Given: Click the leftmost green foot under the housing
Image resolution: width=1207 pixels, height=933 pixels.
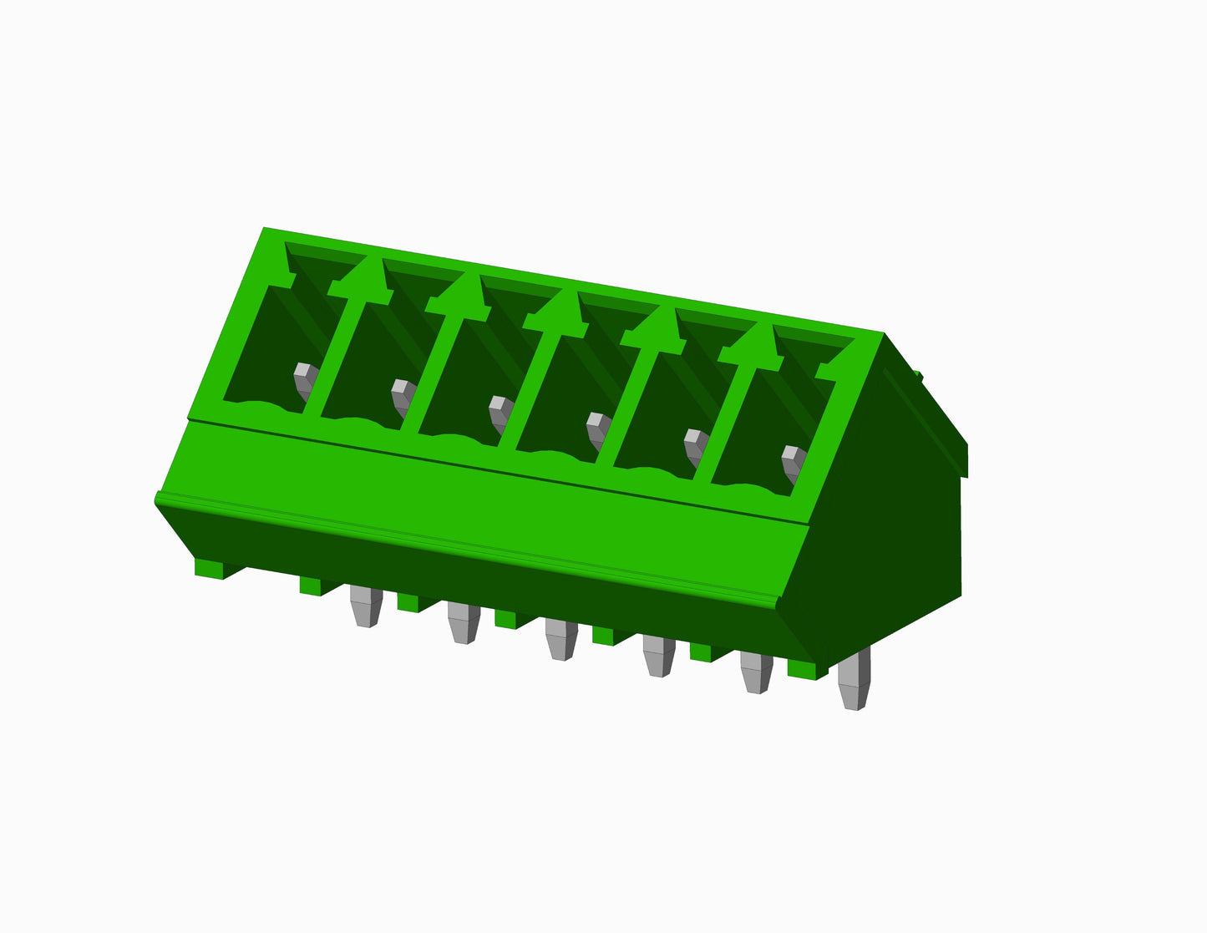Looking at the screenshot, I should pyautogui.click(x=210, y=568).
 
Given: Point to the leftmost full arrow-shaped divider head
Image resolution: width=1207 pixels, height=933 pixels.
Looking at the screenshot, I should pyautogui.click(x=362, y=281).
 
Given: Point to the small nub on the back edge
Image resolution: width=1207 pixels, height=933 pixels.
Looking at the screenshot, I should pyautogui.click(x=918, y=375).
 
